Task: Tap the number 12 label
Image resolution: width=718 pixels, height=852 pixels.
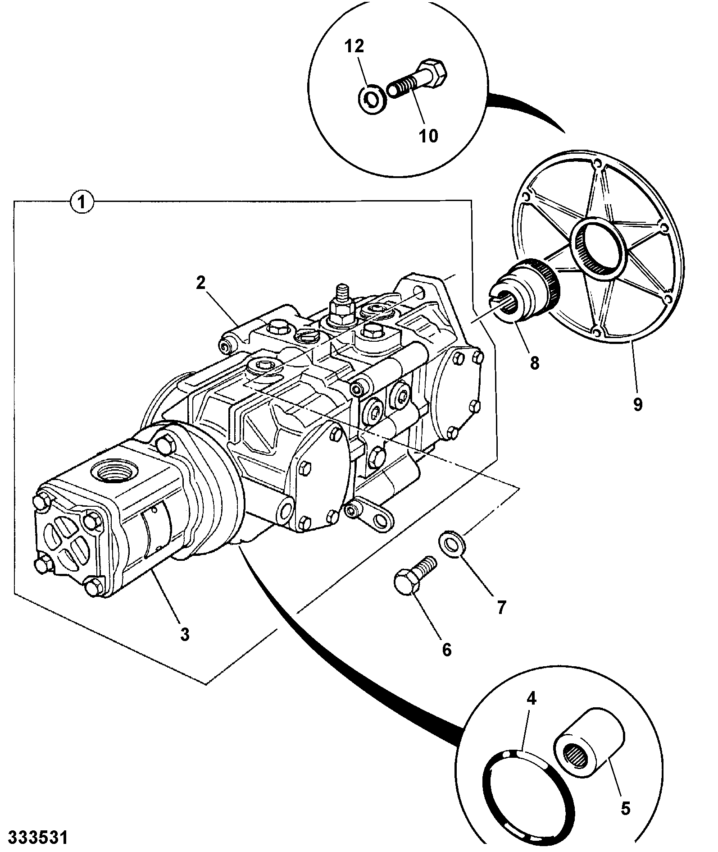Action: [x=354, y=46]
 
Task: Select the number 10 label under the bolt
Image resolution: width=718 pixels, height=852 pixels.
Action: [x=428, y=135]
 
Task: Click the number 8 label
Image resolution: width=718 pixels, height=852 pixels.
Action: [x=535, y=363]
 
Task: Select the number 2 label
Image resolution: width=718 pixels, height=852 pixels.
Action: [x=201, y=283]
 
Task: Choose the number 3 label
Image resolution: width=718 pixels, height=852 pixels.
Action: [x=185, y=634]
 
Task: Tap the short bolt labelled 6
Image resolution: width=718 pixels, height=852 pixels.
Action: [x=414, y=576]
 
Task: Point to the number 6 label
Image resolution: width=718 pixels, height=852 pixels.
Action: [x=446, y=649]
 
